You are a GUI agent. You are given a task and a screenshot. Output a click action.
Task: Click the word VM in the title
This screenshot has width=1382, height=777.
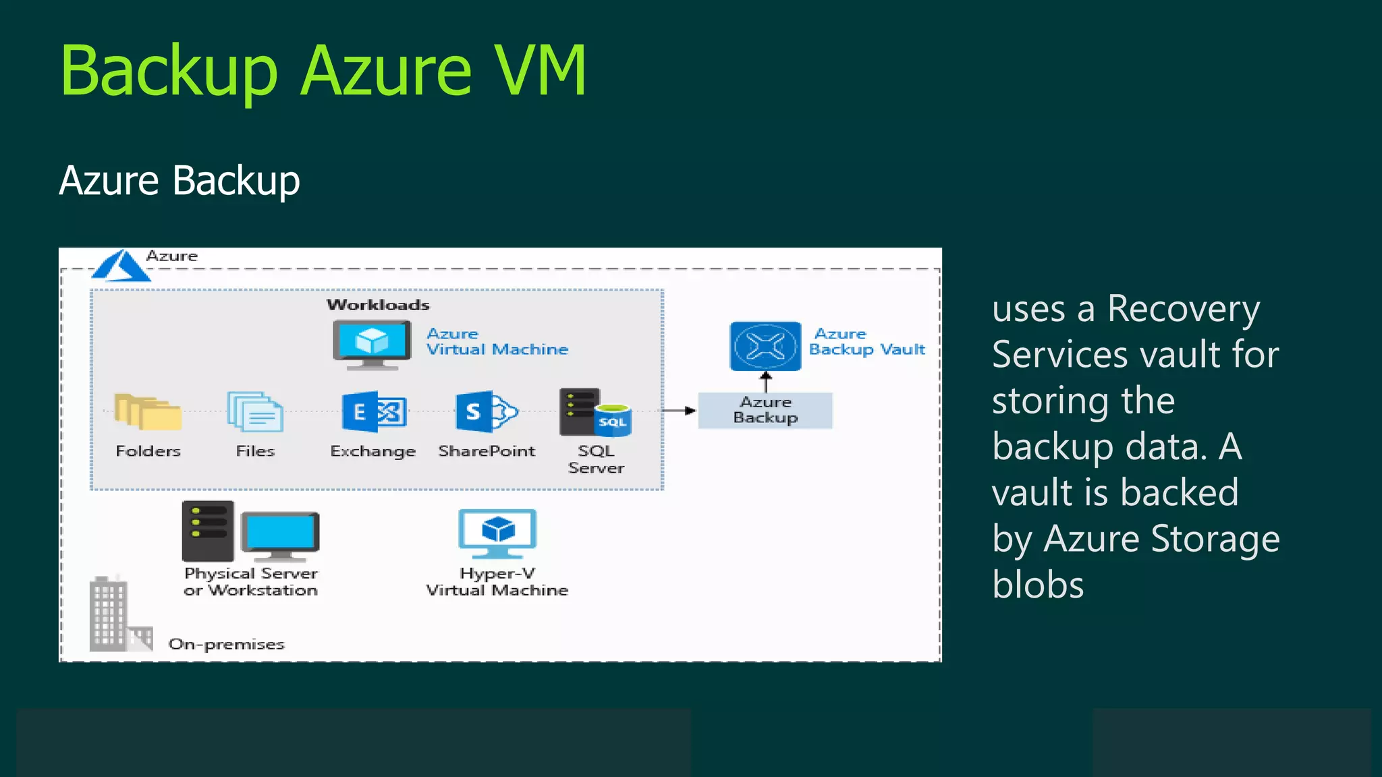pos(540,71)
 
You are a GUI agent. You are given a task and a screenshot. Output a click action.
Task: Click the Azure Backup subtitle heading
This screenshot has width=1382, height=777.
pos(179,181)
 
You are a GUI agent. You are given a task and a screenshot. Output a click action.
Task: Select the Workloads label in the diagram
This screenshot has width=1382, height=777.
pos(378,305)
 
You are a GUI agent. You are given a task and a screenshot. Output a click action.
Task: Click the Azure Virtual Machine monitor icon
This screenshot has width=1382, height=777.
pos(372,344)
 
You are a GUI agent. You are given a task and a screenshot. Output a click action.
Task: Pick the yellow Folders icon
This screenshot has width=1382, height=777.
pos(148,411)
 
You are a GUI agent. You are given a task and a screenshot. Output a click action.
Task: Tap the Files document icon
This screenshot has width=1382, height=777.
pos(255,411)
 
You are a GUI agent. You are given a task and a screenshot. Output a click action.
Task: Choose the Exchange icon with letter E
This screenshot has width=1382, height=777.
pos(374,411)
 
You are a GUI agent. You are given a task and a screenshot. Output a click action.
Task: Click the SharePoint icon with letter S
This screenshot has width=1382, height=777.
pos(486,411)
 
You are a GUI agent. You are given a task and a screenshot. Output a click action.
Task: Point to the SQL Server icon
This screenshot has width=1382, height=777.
pos(595,412)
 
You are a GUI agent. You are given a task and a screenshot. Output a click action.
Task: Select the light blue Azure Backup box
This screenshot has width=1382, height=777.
pos(765,410)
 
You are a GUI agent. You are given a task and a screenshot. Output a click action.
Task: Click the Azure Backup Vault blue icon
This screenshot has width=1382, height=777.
pos(765,346)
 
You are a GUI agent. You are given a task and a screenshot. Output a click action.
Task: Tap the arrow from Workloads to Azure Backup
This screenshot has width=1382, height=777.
pos(680,410)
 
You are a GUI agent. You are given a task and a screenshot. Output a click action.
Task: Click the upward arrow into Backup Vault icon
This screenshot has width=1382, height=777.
pos(765,381)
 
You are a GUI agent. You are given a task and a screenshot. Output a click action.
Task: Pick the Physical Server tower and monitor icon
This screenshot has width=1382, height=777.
pos(250,532)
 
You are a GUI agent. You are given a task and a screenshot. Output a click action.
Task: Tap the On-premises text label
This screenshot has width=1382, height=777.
pos(226,644)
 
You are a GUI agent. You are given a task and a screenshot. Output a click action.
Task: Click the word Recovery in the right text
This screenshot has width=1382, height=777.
pos(1183,310)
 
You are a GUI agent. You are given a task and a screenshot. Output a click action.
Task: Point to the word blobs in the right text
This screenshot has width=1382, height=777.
pos(1038,585)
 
